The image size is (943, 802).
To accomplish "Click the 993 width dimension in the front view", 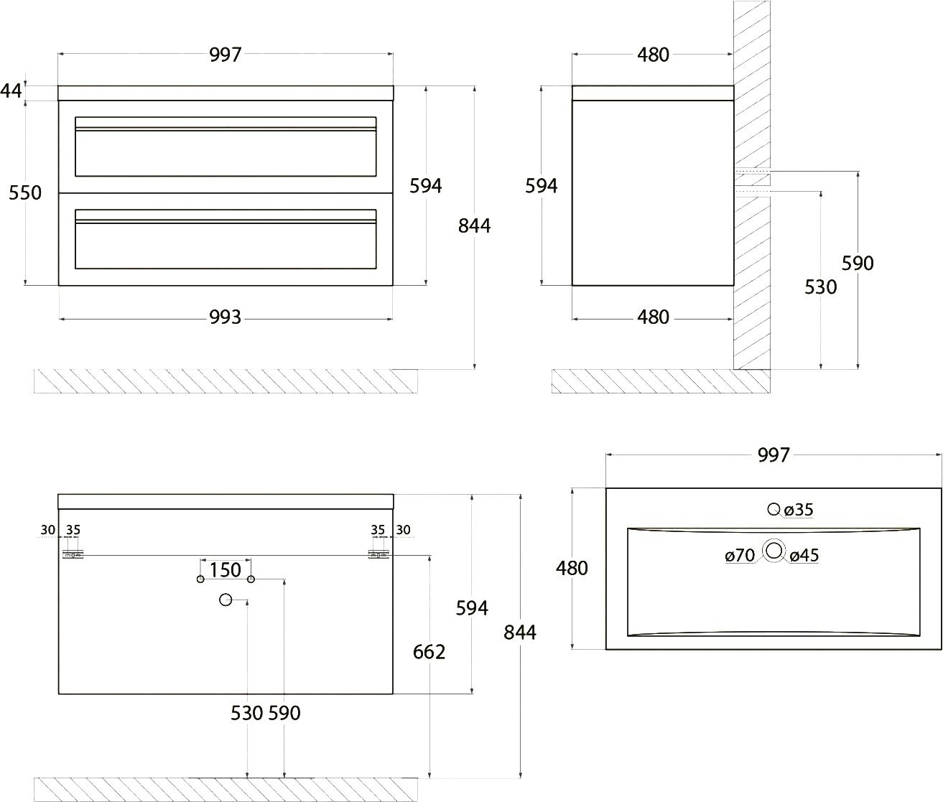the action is point(225,317).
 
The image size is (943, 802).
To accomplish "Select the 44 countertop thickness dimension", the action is point(11,91).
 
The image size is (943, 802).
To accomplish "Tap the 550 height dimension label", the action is point(25,192).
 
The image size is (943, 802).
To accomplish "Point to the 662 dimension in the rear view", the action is point(429,653).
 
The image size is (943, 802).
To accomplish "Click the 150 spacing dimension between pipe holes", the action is point(226,570).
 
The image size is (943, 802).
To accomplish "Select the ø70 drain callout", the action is point(740,555).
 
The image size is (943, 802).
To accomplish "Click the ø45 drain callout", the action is point(804,555).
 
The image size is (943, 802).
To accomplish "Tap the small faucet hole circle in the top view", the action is point(774,508).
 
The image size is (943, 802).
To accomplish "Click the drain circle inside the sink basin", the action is point(774,551).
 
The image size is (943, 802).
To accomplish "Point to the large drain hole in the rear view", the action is point(226,600).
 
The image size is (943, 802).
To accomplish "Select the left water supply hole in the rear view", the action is point(200,579).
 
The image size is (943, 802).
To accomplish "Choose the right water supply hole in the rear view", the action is point(251,579).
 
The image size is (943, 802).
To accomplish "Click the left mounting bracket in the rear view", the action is point(73,555).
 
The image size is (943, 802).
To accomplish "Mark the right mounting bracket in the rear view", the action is point(378,555).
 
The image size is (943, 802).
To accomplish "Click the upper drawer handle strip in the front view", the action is point(226,129).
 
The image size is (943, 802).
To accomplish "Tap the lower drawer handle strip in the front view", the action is point(226,222).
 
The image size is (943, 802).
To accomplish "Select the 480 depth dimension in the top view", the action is point(572,569).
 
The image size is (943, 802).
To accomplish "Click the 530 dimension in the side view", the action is point(820,287).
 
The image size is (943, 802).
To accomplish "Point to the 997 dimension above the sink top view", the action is point(774,454).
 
